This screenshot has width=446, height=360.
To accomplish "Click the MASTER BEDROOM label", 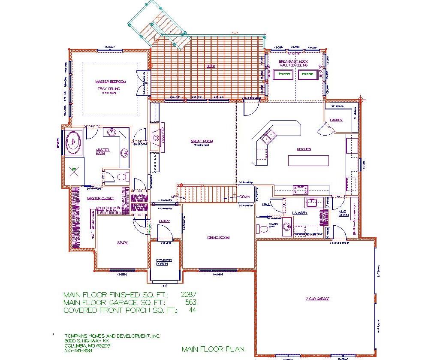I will click(110, 82).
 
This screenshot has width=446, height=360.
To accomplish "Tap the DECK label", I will click(211, 66).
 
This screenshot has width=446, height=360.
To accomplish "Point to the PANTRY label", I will click(337, 120).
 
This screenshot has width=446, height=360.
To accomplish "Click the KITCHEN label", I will click(304, 149).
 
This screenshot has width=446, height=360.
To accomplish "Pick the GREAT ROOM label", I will click(202, 141).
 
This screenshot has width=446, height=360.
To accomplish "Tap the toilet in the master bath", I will click(123, 176).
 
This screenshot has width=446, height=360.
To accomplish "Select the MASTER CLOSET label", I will click(100, 198).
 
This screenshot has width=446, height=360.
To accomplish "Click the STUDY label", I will click(122, 243).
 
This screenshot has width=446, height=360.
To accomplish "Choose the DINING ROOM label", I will click(218, 237).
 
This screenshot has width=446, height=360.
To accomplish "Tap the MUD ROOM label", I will click(342, 213).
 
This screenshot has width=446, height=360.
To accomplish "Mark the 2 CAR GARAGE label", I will click(318, 299).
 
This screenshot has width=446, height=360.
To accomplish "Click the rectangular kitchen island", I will click(308, 160).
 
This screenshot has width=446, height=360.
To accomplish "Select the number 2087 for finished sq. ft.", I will click(189, 295).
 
